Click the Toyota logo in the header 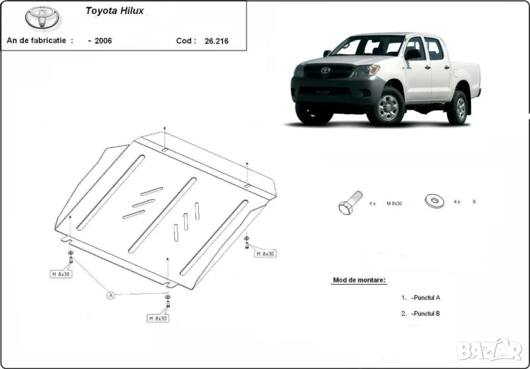(x=42, y=19)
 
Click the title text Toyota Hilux (x=115, y=11)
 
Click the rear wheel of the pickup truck (x=458, y=107)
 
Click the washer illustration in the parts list (x=435, y=200)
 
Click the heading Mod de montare (x=358, y=281)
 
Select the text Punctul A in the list (x=425, y=298)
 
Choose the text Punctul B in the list (x=425, y=313)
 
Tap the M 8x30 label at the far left (x=61, y=273)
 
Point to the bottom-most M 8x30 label (x=158, y=319)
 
